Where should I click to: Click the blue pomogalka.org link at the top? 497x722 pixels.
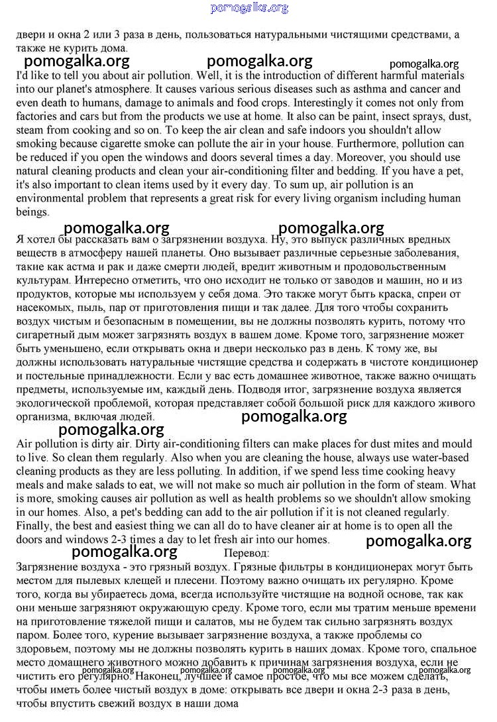(249, 8)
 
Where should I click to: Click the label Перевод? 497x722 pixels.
(247, 552)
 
